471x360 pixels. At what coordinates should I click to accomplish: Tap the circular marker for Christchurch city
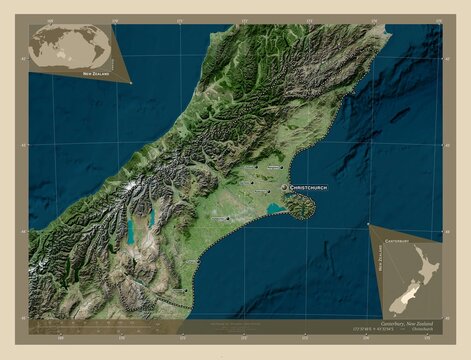coord(284,187)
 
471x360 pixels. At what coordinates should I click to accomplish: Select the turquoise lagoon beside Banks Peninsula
coord(273,209)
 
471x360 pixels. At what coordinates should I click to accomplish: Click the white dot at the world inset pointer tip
coord(131,83)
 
